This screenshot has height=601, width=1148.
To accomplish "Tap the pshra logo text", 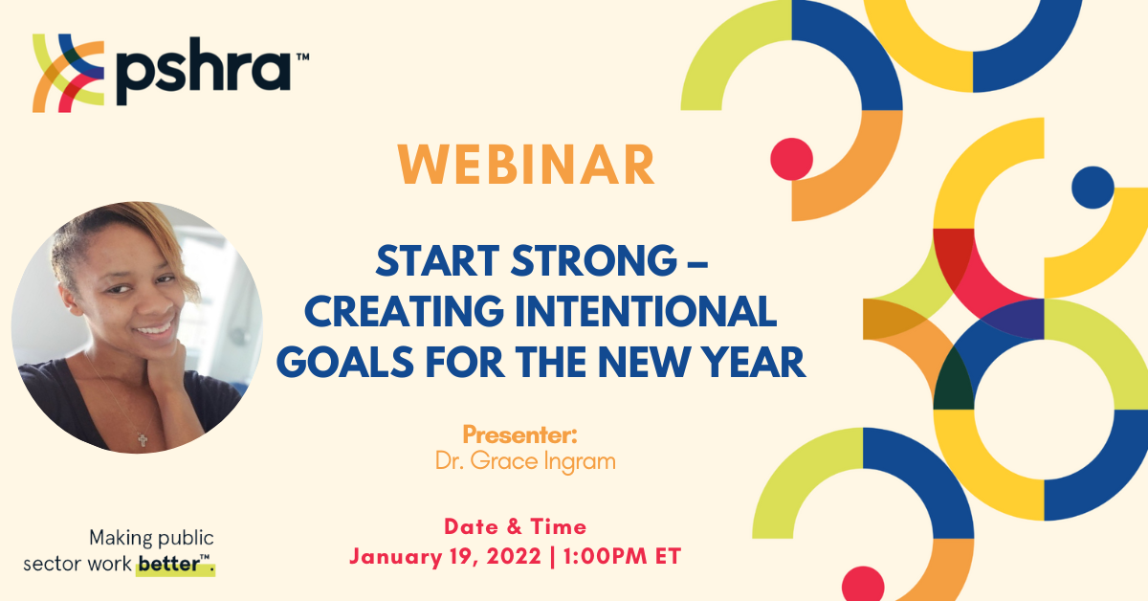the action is coord(204,72).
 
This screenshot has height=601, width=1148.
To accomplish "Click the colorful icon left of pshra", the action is coord(68,74).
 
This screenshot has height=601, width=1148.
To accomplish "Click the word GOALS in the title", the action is coord(345,362).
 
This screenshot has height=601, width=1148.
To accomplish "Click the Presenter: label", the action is coord(520,434).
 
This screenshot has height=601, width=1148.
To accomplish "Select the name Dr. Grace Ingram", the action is coord(525,461).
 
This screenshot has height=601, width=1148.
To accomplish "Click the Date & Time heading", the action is coord(515,527).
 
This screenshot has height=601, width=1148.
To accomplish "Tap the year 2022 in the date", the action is coord(514,557).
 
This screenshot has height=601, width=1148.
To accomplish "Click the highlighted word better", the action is coord(169,564).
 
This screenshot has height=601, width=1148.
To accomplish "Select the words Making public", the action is coord(151,539).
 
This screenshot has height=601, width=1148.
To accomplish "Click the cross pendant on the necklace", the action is coord(143,440).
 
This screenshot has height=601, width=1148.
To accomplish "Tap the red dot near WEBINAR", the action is coord(792,159).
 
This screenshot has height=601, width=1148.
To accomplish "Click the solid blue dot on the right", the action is coord(1093,188).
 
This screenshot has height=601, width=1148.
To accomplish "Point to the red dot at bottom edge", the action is coord(863,585).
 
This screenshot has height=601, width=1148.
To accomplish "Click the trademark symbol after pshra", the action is coord(303,56).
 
